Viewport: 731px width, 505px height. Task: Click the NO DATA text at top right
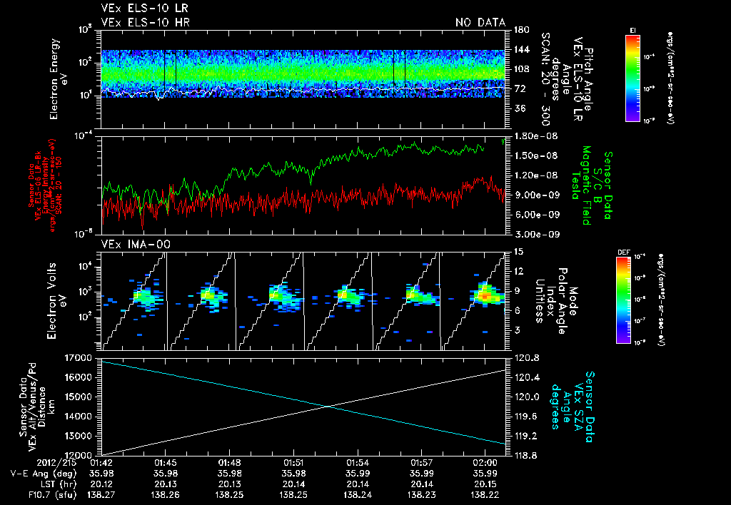480,22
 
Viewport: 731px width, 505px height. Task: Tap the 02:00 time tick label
485,462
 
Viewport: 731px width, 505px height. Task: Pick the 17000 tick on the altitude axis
84,357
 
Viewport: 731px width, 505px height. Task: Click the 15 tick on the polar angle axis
517,251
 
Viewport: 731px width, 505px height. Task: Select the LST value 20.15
485,484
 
